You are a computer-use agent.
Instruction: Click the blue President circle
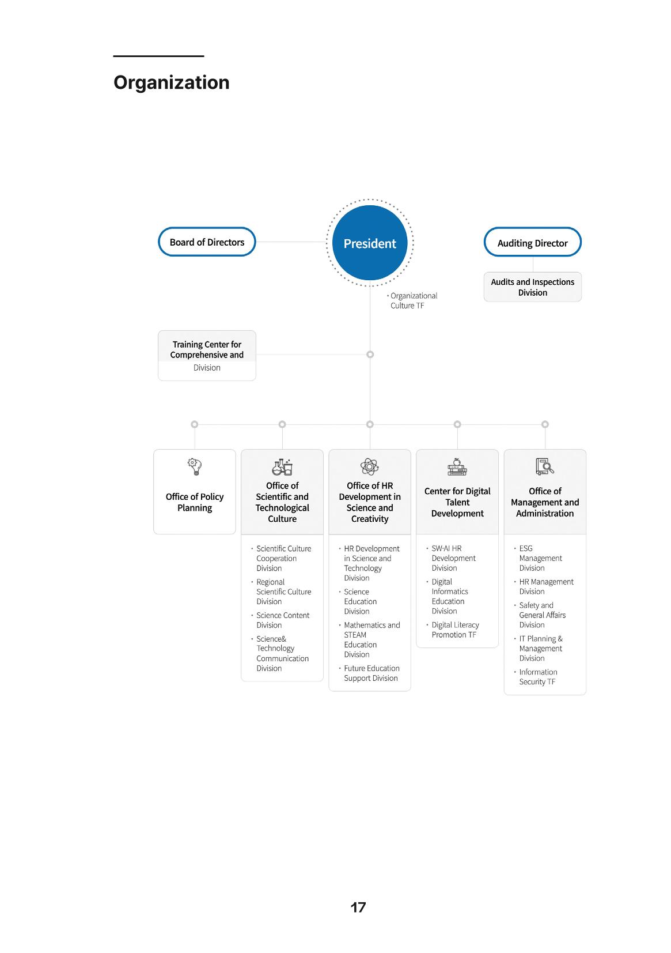(369, 243)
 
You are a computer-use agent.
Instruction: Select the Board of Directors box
(207, 242)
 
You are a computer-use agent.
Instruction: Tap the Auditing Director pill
(532, 242)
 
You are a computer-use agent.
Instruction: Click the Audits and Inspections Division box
(532, 287)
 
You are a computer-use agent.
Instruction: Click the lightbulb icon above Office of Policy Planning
(194, 466)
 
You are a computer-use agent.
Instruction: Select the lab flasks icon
(282, 467)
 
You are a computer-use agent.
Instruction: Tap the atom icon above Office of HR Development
(369, 466)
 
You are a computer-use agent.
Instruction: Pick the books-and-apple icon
(457, 466)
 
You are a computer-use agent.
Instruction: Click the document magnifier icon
(544, 466)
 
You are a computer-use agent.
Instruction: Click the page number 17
(358, 907)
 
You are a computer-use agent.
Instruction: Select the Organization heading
(171, 82)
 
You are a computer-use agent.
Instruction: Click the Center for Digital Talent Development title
(457, 502)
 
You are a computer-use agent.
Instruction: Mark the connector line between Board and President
(291, 242)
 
